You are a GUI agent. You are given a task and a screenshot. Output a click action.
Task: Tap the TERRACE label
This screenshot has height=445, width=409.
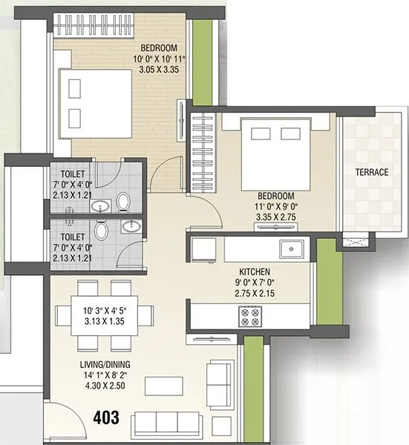click(371, 172)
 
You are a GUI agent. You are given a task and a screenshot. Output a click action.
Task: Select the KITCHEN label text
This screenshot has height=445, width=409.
click(254, 272)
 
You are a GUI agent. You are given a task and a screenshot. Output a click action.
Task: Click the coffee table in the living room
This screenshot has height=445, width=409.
click(163, 387)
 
